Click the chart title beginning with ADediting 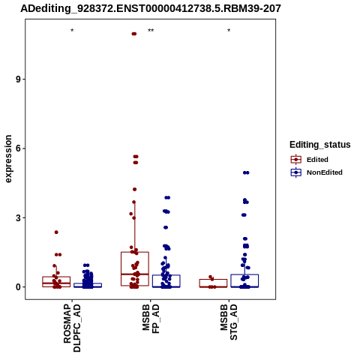pyautogui.click(x=151, y=8)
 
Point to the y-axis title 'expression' pyautogui.click(x=8, y=159)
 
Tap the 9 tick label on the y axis pyautogui.click(x=18, y=79)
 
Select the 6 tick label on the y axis pyautogui.click(x=18, y=148)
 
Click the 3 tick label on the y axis pyautogui.click(x=18, y=217)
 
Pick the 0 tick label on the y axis pyautogui.click(x=18, y=287)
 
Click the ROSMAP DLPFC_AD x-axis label pyautogui.click(x=72, y=328)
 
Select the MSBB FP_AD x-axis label pyautogui.click(x=151, y=318)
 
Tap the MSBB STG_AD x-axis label pyautogui.click(x=229, y=322)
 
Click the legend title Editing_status pyautogui.click(x=320, y=145)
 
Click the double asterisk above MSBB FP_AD pyautogui.click(x=151, y=31)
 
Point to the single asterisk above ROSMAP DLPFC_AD pyautogui.click(x=72, y=31)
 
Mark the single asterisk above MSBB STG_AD pyautogui.click(x=229, y=31)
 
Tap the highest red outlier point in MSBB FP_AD pyautogui.click(x=134, y=34)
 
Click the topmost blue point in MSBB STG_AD pyautogui.click(x=246, y=172)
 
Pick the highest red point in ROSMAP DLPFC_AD pyautogui.click(x=56, y=232)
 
